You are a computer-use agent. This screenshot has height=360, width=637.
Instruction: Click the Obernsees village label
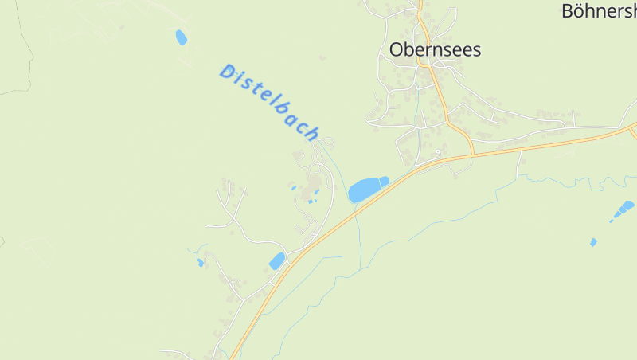(435, 49)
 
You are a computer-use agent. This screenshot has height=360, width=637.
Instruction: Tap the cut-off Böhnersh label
(599, 11)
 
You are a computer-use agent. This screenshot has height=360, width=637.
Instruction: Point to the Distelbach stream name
(269, 102)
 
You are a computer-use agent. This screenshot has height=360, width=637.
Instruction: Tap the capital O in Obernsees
(397, 49)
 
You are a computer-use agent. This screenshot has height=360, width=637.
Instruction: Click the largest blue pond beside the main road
(364, 190)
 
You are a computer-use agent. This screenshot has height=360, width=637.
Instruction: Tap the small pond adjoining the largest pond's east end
(384, 181)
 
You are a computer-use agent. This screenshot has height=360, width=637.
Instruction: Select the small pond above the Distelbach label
(182, 37)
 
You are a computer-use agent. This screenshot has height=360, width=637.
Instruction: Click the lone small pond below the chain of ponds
(593, 242)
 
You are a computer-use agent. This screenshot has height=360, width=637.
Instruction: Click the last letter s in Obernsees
(476, 50)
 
